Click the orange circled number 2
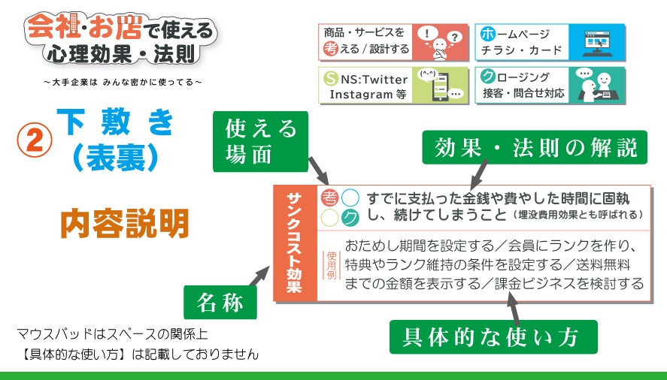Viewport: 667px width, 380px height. pyautogui.click(x=35, y=140)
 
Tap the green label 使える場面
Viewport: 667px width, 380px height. pyautogui.click(x=260, y=141)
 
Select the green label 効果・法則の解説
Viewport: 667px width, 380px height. pyautogui.click(x=535, y=147)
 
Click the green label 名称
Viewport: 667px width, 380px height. pyautogui.click(x=220, y=302)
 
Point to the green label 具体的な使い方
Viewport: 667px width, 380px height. pyautogui.click(x=493, y=337)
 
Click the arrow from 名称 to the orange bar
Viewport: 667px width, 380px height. pyautogui.click(x=259, y=276)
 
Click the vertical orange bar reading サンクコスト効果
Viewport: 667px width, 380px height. pyautogui.click(x=296, y=243)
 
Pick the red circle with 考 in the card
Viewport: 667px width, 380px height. pyautogui.click(x=329, y=198)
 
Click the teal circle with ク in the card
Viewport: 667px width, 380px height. pyautogui.click(x=350, y=218)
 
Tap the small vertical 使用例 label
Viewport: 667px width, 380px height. pyautogui.click(x=332, y=265)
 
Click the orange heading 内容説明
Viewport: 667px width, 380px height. pyautogui.click(x=125, y=224)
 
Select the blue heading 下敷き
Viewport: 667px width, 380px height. pyautogui.click(x=115, y=122)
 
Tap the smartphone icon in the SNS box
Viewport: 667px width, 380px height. pyautogui.click(x=440, y=86)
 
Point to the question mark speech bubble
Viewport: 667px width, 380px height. pyautogui.click(x=454, y=38)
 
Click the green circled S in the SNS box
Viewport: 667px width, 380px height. pyautogui.click(x=331, y=79)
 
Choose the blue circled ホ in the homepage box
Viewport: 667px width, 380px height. pyautogui.click(x=487, y=34)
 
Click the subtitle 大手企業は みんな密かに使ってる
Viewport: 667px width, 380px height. pyautogui.click(x=123, y=82)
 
